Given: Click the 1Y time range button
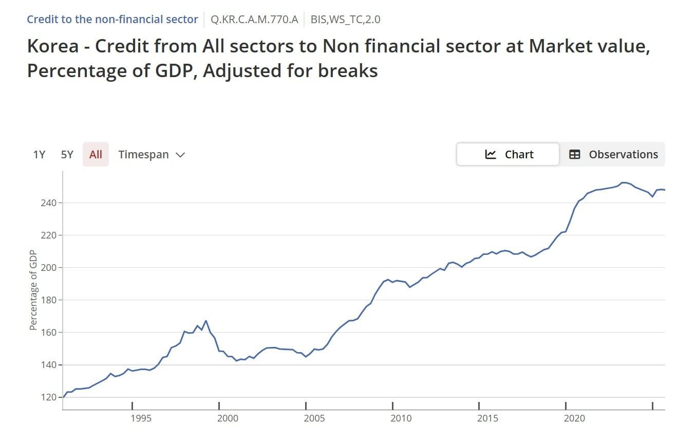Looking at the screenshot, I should pos(39,155).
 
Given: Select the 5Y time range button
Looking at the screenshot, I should pos(67,155).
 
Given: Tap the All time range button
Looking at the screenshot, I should pos(96,155).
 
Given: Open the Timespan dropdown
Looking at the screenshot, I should pos(151,155).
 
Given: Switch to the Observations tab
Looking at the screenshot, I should pos(613,155).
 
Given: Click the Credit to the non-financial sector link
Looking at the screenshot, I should pos(112,20).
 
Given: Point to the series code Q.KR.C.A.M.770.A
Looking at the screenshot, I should pos(254,20).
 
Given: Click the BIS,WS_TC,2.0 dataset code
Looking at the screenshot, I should pos(345,20).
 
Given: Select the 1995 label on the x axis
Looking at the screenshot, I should pos(141,418).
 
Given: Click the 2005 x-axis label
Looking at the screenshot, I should pos(314,418).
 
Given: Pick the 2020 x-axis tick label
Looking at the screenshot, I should pos(574,418).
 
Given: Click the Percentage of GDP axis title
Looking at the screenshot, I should pos(33,291).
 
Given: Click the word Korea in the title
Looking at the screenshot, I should pos(52,46).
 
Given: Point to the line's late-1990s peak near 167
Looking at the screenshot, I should pos(205,321).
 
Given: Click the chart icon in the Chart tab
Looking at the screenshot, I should pos(491,155).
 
